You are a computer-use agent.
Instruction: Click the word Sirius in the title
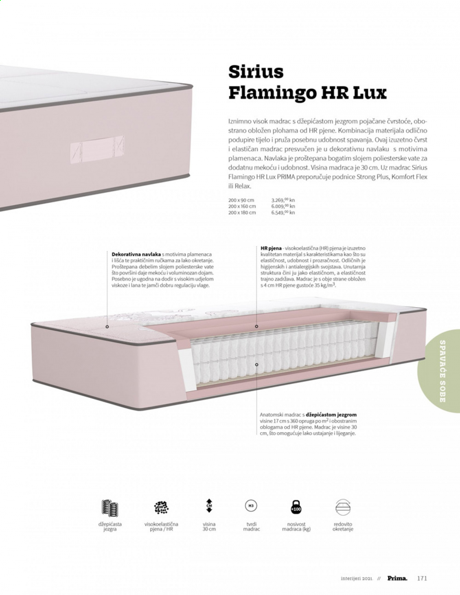tap(256, 72)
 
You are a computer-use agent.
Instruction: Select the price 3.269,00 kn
tap(283, 200)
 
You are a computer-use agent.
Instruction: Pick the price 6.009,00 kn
tap(283, 206)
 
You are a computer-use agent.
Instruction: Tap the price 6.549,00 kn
tap(283, 212)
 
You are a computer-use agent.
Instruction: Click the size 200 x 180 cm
tap(242, 212)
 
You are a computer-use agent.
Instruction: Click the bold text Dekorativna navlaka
tap(136, 254)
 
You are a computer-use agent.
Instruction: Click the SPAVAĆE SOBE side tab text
tap(442, 371)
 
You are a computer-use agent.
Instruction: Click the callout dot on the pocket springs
tap(256, 365)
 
